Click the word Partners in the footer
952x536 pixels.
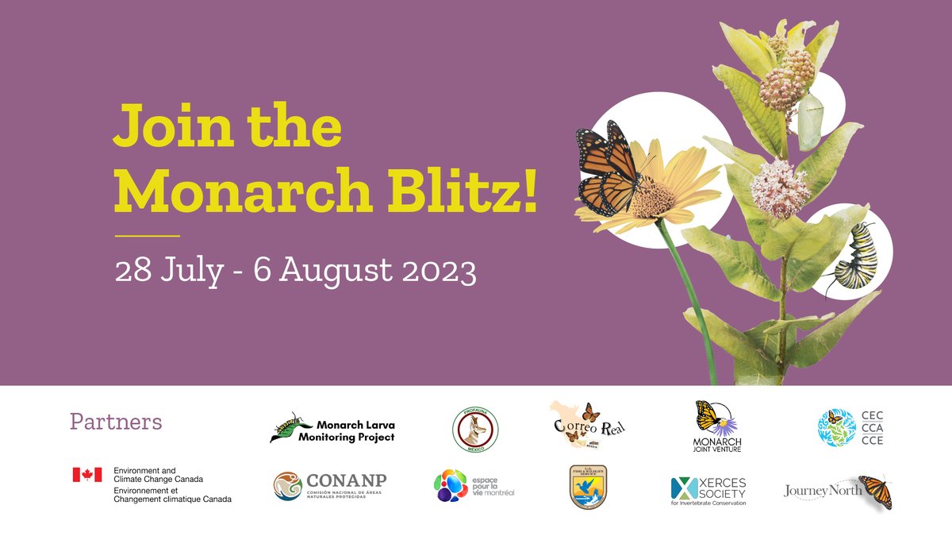click(x=116, y=422)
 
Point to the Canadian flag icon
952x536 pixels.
click(x=87, y=475)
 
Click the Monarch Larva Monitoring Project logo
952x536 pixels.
click(x=332, y=430)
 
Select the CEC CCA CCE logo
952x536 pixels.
click(x=850, y=428)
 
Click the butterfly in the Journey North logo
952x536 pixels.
click(x=876, y=491)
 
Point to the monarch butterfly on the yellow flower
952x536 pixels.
click(x=607, y=168)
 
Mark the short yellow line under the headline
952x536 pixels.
click(x=147, y=236)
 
